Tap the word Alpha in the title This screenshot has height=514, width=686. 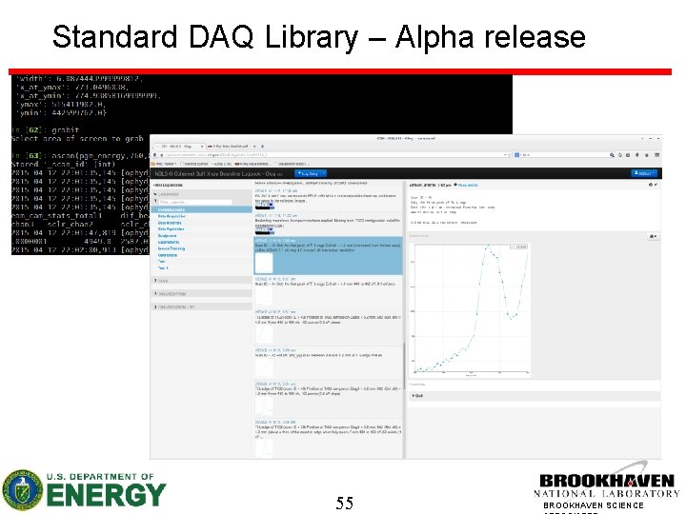click(427, 37)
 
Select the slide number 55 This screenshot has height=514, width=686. click(344, 503)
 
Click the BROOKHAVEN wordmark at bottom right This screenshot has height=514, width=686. click(606, 482)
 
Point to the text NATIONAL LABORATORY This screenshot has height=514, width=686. click(606, 493)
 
